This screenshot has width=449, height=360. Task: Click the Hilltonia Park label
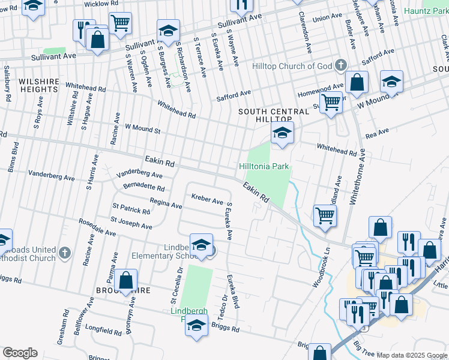264,166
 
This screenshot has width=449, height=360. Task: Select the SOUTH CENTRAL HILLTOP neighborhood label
265,116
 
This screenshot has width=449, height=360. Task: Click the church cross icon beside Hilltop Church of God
340,64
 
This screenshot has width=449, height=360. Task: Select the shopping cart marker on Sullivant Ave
121,23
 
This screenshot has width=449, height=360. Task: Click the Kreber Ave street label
207,198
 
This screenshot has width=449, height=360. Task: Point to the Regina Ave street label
166,204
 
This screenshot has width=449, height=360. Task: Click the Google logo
19,353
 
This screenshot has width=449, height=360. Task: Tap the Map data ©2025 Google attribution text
412,355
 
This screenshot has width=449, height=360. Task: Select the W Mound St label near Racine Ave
142,129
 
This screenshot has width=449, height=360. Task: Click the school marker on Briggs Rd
196,327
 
